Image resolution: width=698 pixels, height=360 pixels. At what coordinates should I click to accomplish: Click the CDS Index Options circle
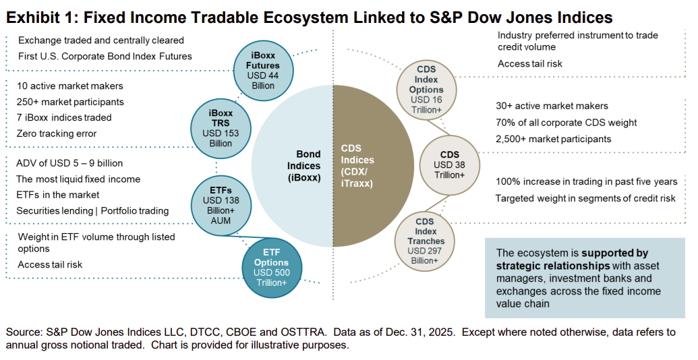[426, 90]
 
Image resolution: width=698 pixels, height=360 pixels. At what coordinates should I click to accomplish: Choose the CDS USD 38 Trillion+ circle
[449, 164]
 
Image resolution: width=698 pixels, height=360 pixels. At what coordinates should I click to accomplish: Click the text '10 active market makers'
[69, 86]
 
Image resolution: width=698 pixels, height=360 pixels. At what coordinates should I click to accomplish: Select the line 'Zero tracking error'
[57, 133]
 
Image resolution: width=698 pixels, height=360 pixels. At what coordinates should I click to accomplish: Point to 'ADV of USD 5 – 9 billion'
[69, 163]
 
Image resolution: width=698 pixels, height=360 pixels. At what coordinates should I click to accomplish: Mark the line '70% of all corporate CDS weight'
[566, 123]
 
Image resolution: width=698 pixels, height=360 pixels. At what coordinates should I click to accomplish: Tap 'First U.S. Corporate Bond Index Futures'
[105, 56]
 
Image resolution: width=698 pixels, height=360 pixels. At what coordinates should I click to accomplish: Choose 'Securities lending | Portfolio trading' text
[92, 210]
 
